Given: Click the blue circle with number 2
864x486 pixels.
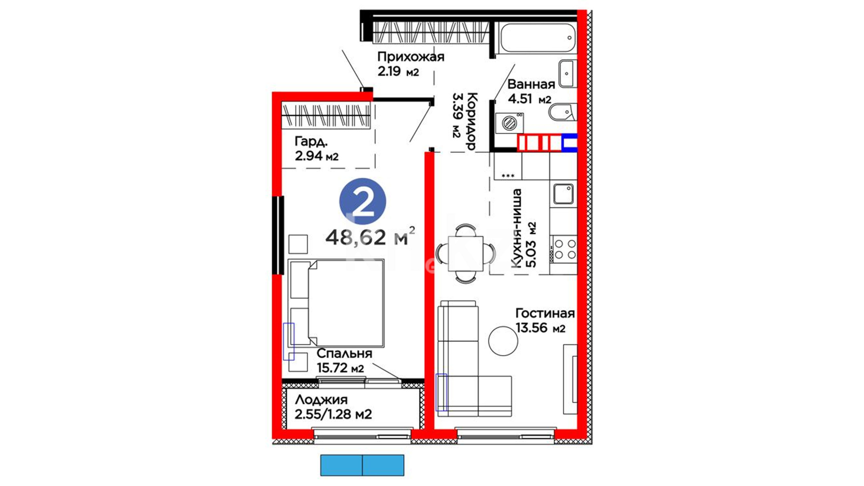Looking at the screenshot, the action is (363, 202).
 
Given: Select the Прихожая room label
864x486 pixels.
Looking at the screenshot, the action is (410, 57).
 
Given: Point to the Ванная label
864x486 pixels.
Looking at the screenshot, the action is (531, 84).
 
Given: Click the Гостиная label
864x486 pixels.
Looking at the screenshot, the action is (545, 313).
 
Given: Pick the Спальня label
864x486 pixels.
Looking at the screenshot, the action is (344, 353).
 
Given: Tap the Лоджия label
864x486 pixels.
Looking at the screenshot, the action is (321, 400).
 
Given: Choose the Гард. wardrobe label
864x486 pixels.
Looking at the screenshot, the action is (311, 142).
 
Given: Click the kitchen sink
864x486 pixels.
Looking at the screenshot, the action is (563, 193).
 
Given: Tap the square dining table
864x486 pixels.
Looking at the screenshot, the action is (465, 254).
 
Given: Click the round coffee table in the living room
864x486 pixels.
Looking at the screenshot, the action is (503, 340).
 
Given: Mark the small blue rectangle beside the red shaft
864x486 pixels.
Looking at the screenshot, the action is (570, 143).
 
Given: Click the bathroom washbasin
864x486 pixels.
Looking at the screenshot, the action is (567, 73).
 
